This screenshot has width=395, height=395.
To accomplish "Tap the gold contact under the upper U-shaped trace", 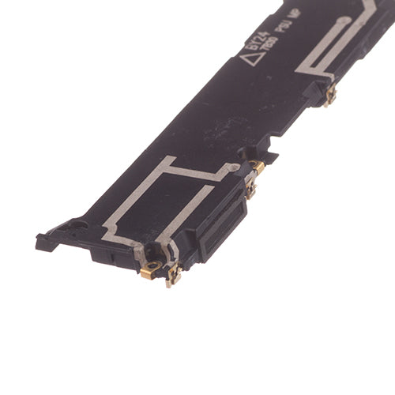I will [329, 95].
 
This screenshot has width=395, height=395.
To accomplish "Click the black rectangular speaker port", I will [219, 228].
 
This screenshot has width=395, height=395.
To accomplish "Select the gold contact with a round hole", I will [151, 268].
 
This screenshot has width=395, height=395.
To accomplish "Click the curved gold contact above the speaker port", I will [257, 167].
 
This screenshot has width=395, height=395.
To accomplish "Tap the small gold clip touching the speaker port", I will [250, 190].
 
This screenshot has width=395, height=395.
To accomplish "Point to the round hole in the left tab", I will [77, 224].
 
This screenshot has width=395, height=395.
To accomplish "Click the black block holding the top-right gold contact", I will [315, 92].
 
